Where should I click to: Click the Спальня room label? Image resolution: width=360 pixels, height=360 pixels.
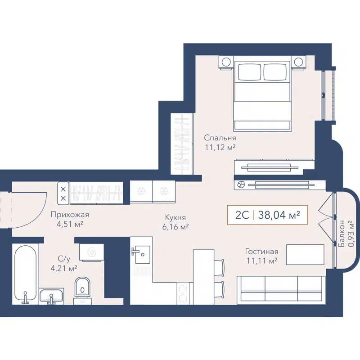pos(220,138)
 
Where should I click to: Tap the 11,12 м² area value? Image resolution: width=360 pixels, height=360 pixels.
pos(220,147)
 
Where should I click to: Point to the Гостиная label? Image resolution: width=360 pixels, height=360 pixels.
pos(261,252)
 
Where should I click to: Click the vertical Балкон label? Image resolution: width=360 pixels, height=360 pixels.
pos(343,234)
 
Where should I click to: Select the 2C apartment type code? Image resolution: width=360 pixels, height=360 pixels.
pos(242,215)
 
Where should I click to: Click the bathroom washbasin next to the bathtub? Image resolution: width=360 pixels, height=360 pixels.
pos(52,297)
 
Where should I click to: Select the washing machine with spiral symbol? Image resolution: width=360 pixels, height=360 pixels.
pos(92,252)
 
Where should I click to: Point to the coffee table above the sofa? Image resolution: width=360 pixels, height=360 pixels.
pos(305,255)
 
